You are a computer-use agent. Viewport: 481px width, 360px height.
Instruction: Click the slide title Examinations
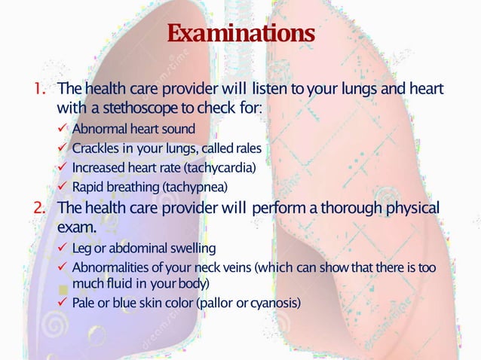point(240,34)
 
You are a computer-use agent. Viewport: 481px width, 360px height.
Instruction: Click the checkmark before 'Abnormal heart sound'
point(63,129)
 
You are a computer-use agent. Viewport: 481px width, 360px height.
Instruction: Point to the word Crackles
point(93,148)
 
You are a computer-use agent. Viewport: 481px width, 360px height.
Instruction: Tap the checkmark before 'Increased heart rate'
point(63,166)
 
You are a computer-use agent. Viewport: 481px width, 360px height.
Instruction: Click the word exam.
point(75,227)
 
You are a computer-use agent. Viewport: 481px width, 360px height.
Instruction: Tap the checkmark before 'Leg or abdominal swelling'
point(63,249)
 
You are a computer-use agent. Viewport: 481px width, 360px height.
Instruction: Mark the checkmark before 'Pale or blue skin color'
point(63,304)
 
